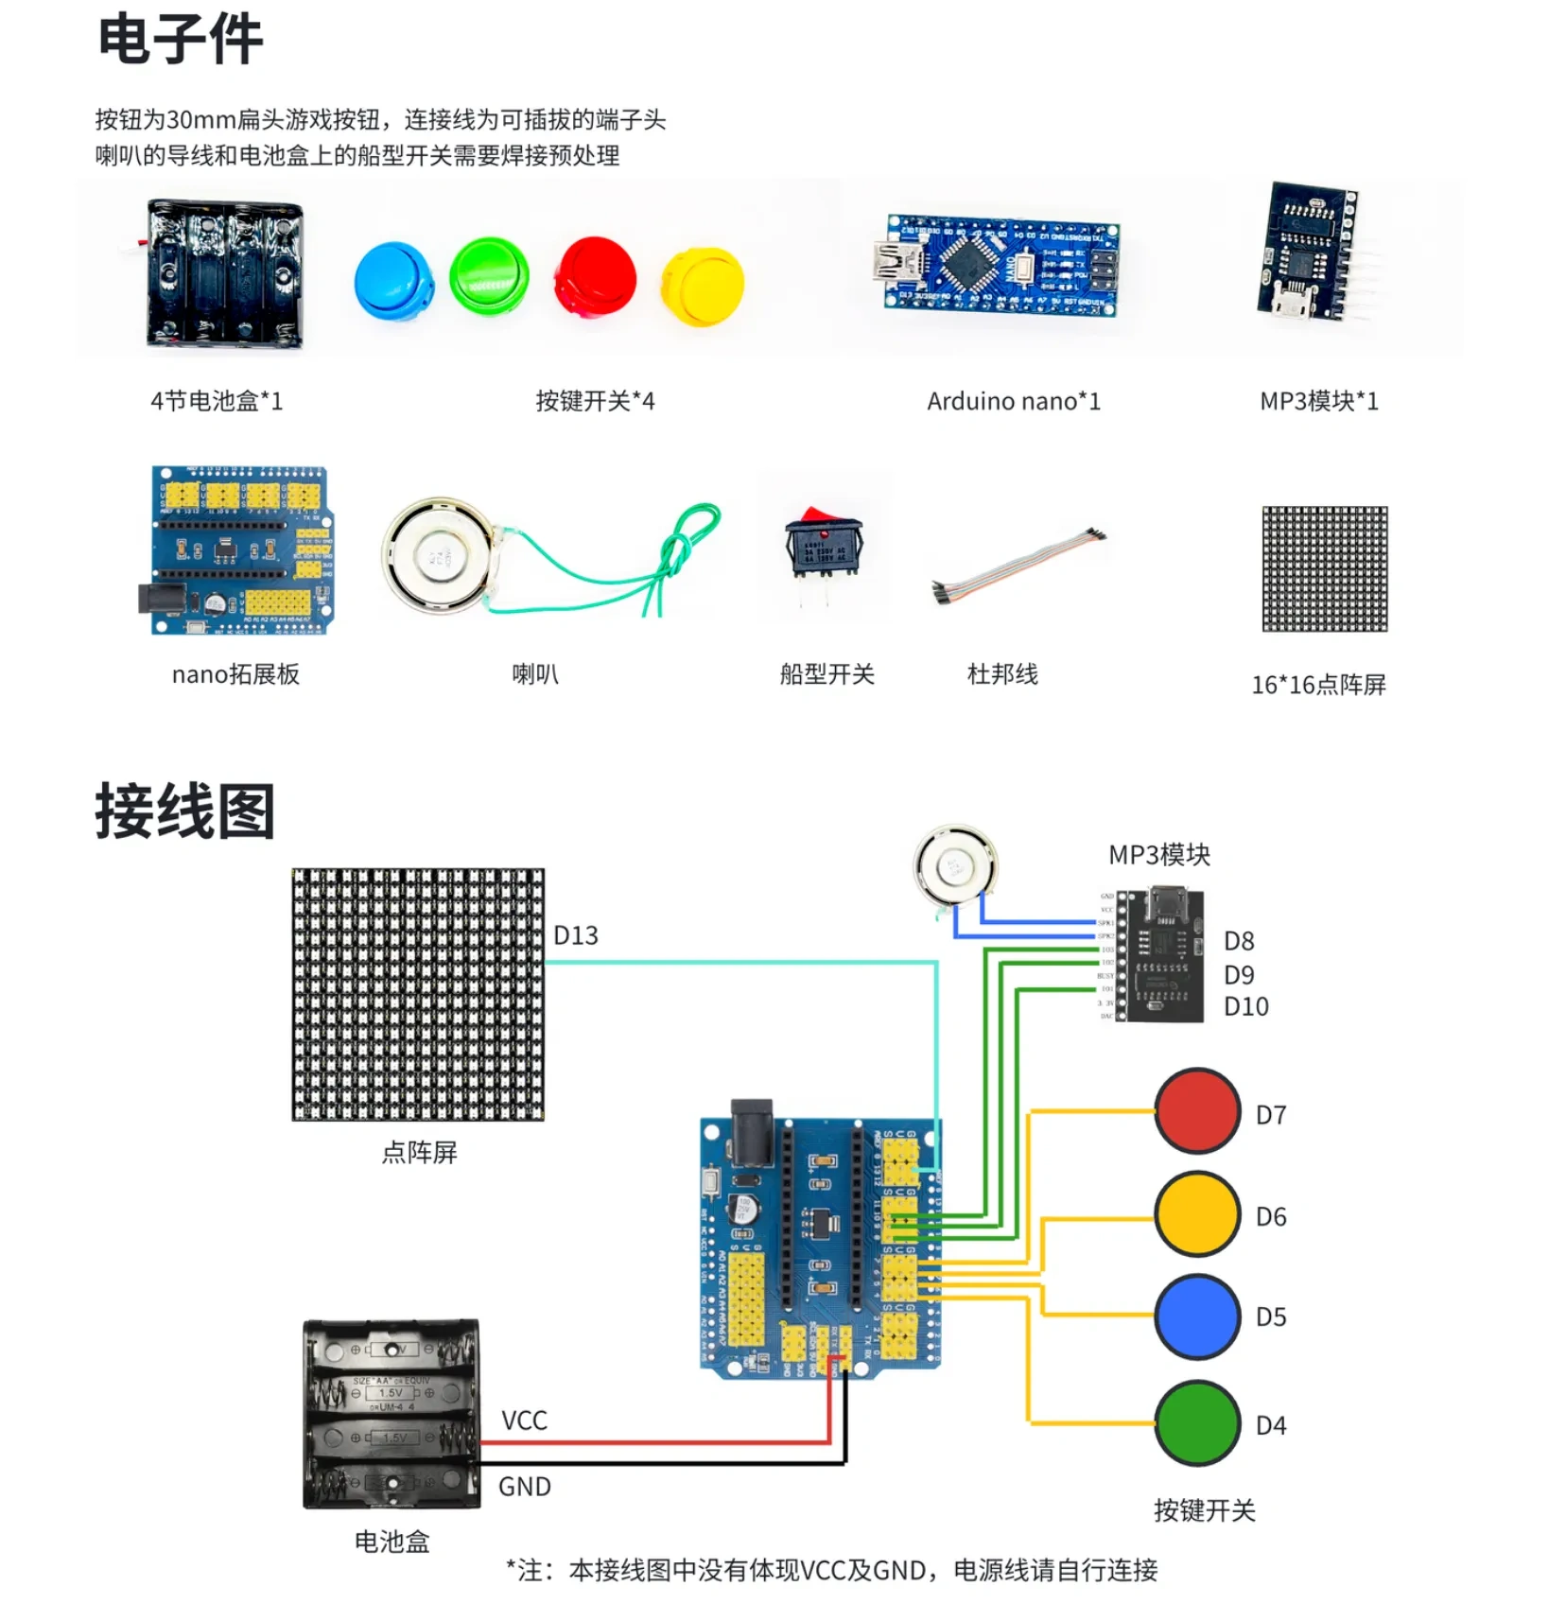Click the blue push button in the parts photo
pos(393,281)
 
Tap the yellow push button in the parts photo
pos(704,285)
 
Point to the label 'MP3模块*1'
pos(1318,401)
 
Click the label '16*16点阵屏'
pos(1318,684)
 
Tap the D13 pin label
pos(575,935)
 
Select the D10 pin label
pos(1245,1006)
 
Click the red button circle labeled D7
pos(1197,1111)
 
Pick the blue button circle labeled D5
pos(1197,1316)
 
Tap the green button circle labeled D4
pos(1197,1422)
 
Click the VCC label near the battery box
pos(524,1421)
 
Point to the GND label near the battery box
pos(524,1487)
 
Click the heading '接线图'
pos(184,811)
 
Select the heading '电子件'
pos(180,40)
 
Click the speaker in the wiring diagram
pos(955,866)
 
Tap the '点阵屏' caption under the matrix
pos(419,1152)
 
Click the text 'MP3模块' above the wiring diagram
pos(1158,855)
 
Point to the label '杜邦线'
pos(1002,674)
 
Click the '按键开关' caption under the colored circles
pos(1204,1510)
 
